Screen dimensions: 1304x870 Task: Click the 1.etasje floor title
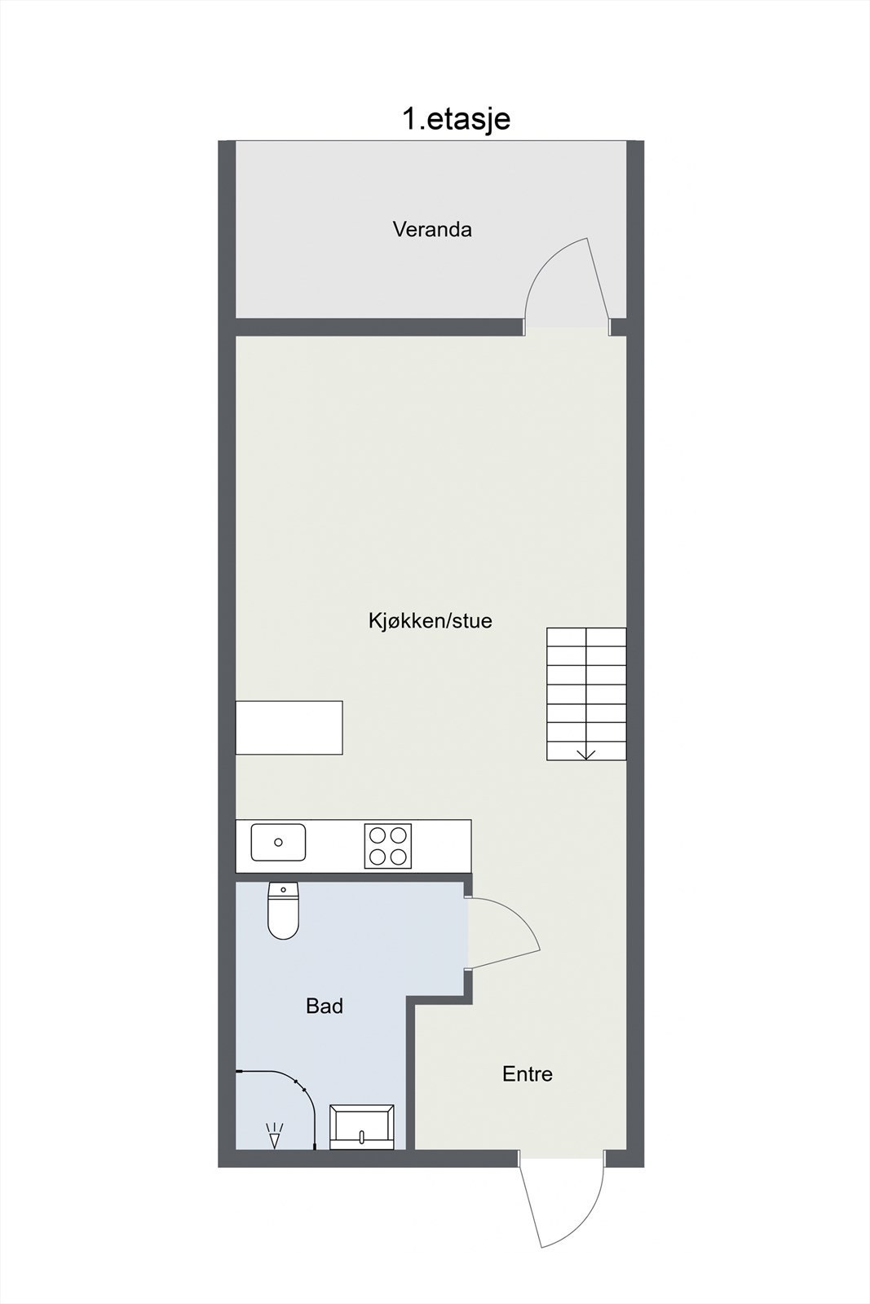456,119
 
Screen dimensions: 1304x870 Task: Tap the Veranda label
432,229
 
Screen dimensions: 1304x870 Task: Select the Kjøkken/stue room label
430,621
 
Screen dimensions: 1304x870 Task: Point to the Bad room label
325,1006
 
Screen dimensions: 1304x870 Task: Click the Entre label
528,1074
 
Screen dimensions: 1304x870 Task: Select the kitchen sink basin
278,843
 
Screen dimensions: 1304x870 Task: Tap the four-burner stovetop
388,846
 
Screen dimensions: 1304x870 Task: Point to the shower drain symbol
275,1134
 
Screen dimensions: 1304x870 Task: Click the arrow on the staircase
586,753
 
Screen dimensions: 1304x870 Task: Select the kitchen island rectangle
289,727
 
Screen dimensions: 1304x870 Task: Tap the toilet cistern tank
283,889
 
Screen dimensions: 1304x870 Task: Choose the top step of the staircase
586,637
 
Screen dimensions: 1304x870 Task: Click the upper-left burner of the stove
378,835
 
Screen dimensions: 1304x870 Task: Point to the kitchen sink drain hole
278,843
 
